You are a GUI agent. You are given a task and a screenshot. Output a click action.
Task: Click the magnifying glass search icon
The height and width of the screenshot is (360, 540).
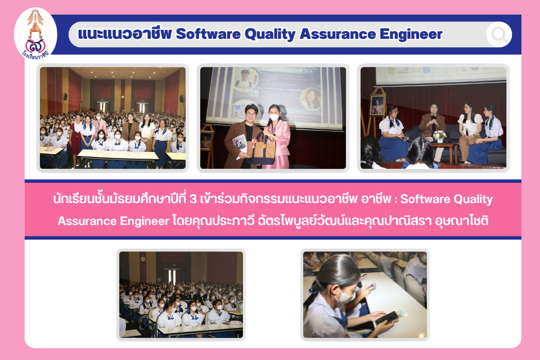[x=499, y=34]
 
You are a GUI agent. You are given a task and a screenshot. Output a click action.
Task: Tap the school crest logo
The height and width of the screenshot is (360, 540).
[x=35, y=34]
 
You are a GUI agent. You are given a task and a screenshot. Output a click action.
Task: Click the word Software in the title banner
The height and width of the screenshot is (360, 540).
[x=208, y=34]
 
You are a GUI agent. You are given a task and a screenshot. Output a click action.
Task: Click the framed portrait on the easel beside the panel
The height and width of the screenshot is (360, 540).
[x=377, y=105]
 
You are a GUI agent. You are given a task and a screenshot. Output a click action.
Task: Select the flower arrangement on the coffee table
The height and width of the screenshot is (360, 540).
[x=439, y=136]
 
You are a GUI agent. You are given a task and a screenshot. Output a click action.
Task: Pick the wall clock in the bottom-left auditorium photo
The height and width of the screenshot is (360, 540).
[x=143, y=259]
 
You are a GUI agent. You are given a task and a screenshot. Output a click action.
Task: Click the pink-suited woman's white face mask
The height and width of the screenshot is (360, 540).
[x=274, y=117]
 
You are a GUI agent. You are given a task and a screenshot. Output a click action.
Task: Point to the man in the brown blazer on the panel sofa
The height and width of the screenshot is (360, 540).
[x=433, y=128]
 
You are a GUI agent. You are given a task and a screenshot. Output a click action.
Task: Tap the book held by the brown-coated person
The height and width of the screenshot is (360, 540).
[x=240, y=144]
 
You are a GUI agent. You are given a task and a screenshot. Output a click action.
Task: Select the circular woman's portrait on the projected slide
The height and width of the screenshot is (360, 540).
[x=311, y=99]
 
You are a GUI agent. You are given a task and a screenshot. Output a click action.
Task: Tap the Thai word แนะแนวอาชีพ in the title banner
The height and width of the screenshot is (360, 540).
[x=125, y=34]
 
